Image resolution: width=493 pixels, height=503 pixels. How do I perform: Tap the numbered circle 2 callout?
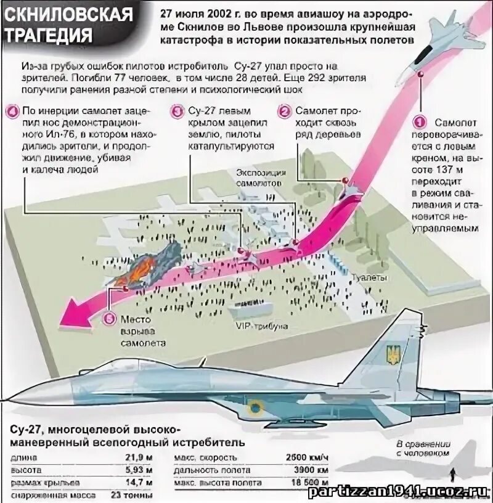point(284,112)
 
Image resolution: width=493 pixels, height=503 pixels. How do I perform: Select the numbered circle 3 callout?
point(177,112)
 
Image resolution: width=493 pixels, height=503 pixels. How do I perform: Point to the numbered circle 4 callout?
point(12,112)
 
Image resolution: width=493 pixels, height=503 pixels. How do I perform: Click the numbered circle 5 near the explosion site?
point(110,319)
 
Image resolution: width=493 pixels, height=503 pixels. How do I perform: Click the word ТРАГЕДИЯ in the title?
point(49,34)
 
